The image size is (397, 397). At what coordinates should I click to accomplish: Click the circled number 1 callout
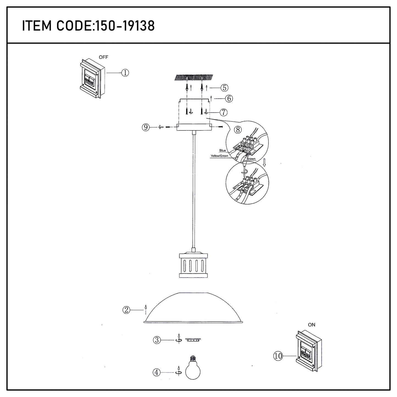(125, 73)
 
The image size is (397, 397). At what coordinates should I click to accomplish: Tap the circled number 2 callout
(126, 310)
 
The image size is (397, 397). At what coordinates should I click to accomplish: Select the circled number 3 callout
(157, 340)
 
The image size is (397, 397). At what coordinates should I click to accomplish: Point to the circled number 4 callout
(156, 373)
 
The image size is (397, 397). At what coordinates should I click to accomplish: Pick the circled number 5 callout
(224, 88)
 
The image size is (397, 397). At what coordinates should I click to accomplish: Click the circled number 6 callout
(229, 98)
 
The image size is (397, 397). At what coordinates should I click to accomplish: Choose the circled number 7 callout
(224, 112)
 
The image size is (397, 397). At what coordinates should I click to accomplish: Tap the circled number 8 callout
(238, 130)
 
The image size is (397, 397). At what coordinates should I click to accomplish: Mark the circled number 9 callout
(146, 127)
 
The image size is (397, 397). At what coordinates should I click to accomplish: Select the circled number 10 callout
(278, 356)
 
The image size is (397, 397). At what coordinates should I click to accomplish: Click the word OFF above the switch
(103, 57)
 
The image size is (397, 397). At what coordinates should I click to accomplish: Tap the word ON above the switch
(312, 325)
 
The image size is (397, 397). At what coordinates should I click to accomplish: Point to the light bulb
(193, 367)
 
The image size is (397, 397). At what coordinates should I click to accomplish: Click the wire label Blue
(223, 150)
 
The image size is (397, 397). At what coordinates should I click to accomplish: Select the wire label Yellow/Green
(219, 156)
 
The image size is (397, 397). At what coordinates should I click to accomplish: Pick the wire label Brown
(251, 159)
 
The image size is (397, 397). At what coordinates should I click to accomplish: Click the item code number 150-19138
(125, 26)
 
